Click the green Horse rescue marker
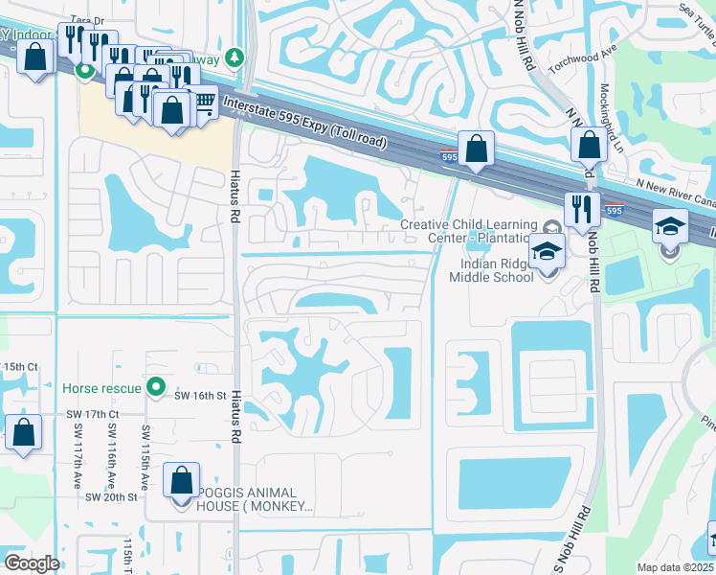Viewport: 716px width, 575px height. (156, 388)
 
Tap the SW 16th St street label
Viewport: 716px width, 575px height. (199, 395)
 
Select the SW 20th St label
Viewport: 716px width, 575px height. (112, 497)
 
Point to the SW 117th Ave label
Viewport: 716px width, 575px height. (77, 455)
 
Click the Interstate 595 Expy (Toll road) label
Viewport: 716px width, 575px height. (303, 122)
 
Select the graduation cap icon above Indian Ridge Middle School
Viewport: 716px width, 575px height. (547, 251)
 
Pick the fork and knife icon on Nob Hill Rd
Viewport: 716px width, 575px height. (581, 208)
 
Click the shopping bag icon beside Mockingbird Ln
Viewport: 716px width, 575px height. (590, 146)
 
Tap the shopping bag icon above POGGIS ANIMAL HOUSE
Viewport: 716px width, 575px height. (181, 479)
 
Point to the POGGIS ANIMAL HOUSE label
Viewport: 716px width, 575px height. (256, 498)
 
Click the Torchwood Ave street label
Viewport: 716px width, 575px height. (579, 62)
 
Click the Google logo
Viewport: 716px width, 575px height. (32, 563)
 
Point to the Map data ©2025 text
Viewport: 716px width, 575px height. (674, 567)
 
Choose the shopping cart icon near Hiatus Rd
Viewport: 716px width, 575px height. (203, 101)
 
